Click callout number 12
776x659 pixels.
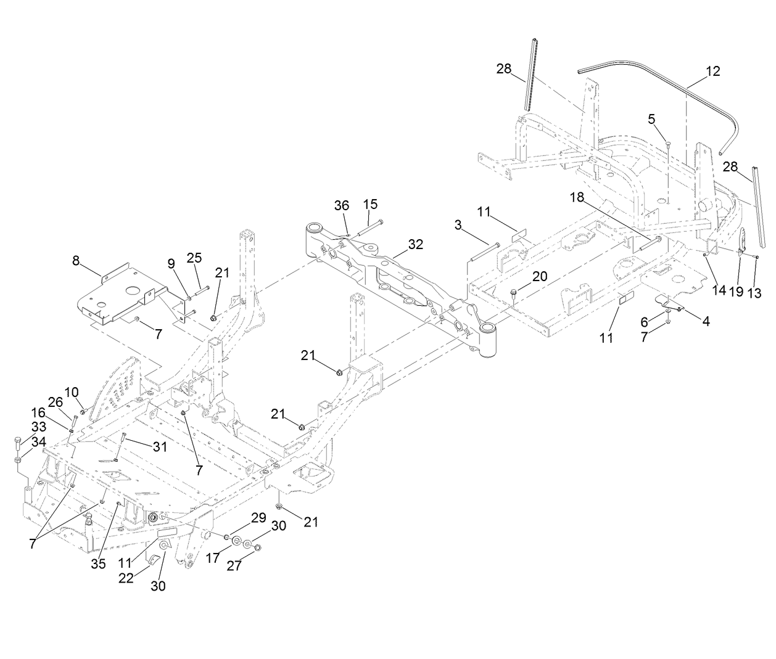click(x=712, y=71)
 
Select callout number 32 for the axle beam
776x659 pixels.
click(x=416, y=244)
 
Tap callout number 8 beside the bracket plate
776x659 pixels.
click(x=76, y=261)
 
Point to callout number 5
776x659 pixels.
click(x=651, y=118)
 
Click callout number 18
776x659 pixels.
click(x=576, y=197)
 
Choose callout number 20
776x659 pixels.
click(x=539, y=277)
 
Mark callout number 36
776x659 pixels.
click(x=341, y=205)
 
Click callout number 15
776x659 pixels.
click(x=370, y=204)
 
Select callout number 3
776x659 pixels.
click(x=458, y=226)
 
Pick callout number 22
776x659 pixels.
click(x=126, y=579)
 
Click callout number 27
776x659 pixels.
click(x=234, y=566)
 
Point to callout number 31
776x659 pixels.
click(x=160, y=447)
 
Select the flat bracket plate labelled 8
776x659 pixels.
click(x=117, y=293)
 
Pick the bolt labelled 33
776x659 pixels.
click(x=17, y=441)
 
